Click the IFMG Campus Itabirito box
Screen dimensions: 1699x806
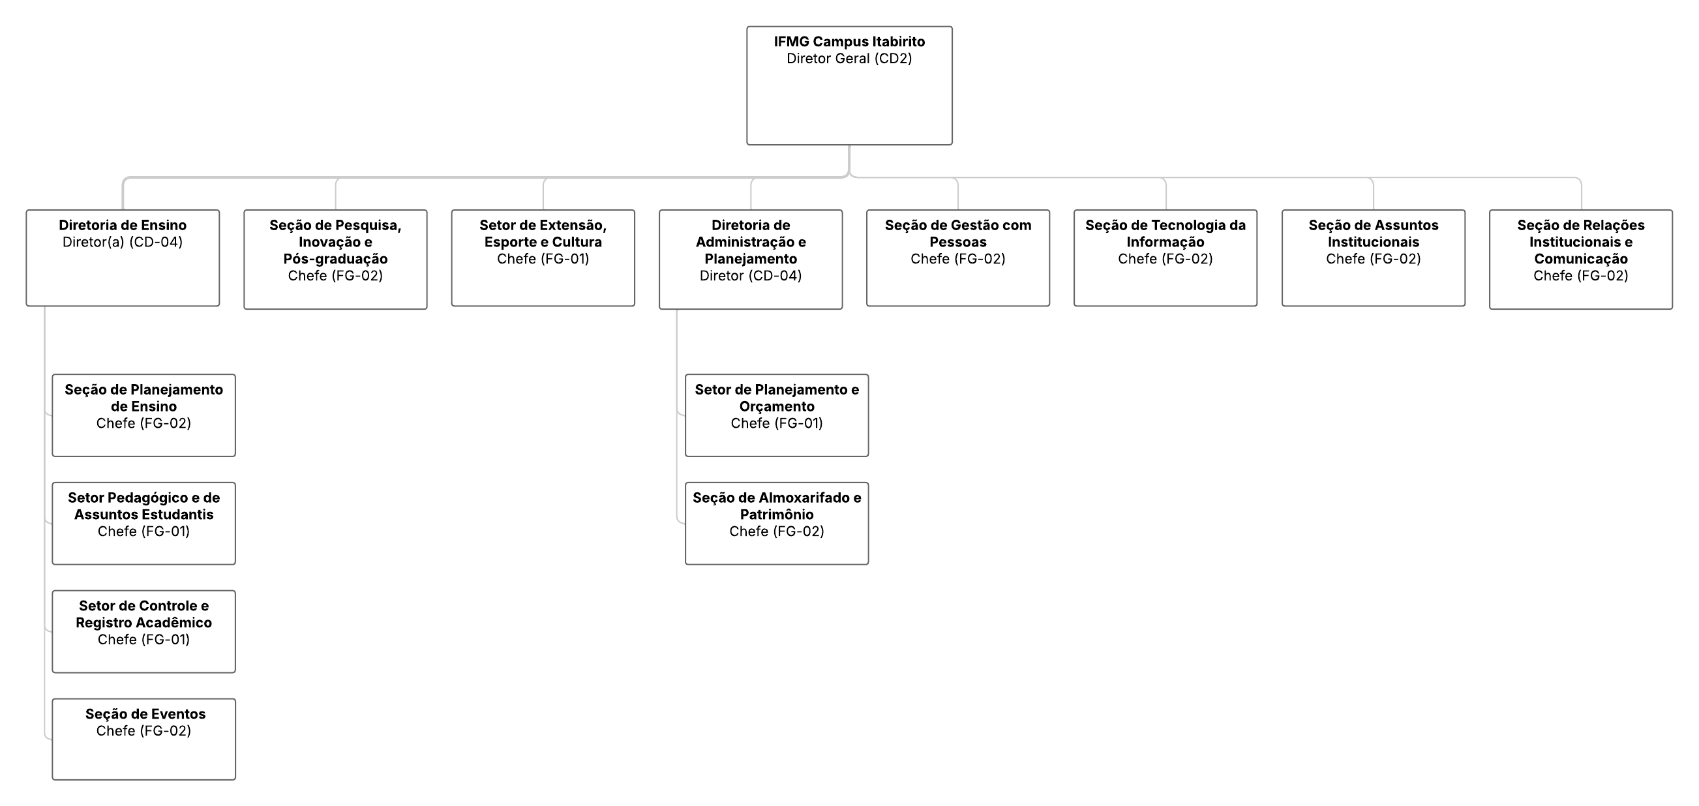click(x=849, y=85)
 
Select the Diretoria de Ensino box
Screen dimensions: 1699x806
click(x=123, y=258)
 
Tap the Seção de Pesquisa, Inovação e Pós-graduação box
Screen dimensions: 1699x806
click(x=335, y=260)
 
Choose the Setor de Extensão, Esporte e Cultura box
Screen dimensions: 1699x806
click(x=543, y=258)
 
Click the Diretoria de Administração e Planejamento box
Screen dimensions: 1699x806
click(x=751, y=260)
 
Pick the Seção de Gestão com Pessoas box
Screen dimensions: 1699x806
click(x=957, y=258)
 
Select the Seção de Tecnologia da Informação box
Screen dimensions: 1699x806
click(x=1165, y=258)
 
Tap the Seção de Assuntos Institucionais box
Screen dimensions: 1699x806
click(x=1373, y=258)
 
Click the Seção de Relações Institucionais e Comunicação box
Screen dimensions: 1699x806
click(x=1581, y=260)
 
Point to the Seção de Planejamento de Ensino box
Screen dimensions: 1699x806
click(x=143, y=415)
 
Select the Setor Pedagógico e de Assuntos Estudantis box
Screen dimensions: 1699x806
click(x=143, y=524)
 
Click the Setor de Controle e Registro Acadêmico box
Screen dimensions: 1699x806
click(x=143, y=632)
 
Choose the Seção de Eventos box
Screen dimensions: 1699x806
click(x=143, y=739)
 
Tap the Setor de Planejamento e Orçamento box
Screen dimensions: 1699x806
click(x=777, y=415)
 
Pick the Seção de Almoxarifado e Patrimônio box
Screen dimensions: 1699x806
click(x=777, y=524)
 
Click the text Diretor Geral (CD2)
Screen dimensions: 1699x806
click(x=849, y=59)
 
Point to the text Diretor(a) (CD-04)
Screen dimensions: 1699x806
click(x=123, y=242)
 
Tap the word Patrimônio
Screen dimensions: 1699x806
click(x=777, y=515)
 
